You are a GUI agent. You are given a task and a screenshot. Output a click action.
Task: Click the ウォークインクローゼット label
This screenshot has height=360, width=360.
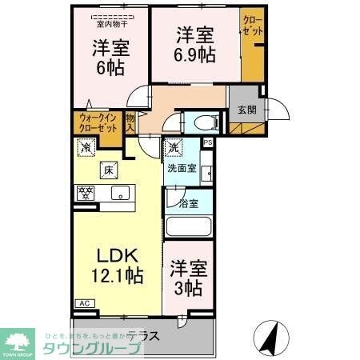97,122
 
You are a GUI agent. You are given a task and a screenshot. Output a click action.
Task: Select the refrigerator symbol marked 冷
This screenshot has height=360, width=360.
84,147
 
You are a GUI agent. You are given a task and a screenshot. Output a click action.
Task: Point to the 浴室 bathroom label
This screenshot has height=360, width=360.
188,204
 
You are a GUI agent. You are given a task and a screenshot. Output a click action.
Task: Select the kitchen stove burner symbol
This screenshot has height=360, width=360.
83,192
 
